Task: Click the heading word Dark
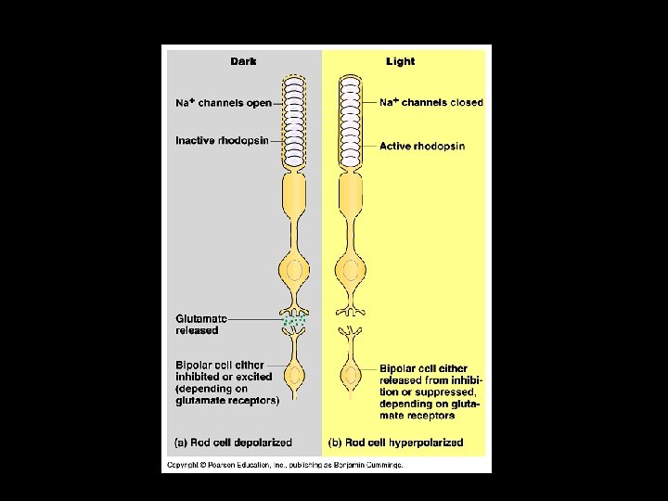(x=244, y=62)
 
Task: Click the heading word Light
(x=400, y=62)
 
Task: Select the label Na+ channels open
(x=223, y=103)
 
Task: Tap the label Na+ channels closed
(x=431, y=103)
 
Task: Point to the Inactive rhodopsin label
(x=223, y=141)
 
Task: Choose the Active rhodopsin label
(x=422, y=146)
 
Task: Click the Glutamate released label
(x=199, y=324)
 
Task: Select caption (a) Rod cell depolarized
(x=234, y=443)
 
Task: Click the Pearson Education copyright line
(x=285, y=464)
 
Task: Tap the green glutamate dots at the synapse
(x=295, y=323)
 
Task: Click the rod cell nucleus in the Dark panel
(x=295, y=272)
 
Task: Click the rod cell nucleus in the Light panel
(x=352, y=272)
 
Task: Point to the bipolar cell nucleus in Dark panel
(x=295, y=378)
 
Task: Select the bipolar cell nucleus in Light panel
(x=352, y=378)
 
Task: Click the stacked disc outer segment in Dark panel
(x=295, y=121)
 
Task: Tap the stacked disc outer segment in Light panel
(x=352, y=121)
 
